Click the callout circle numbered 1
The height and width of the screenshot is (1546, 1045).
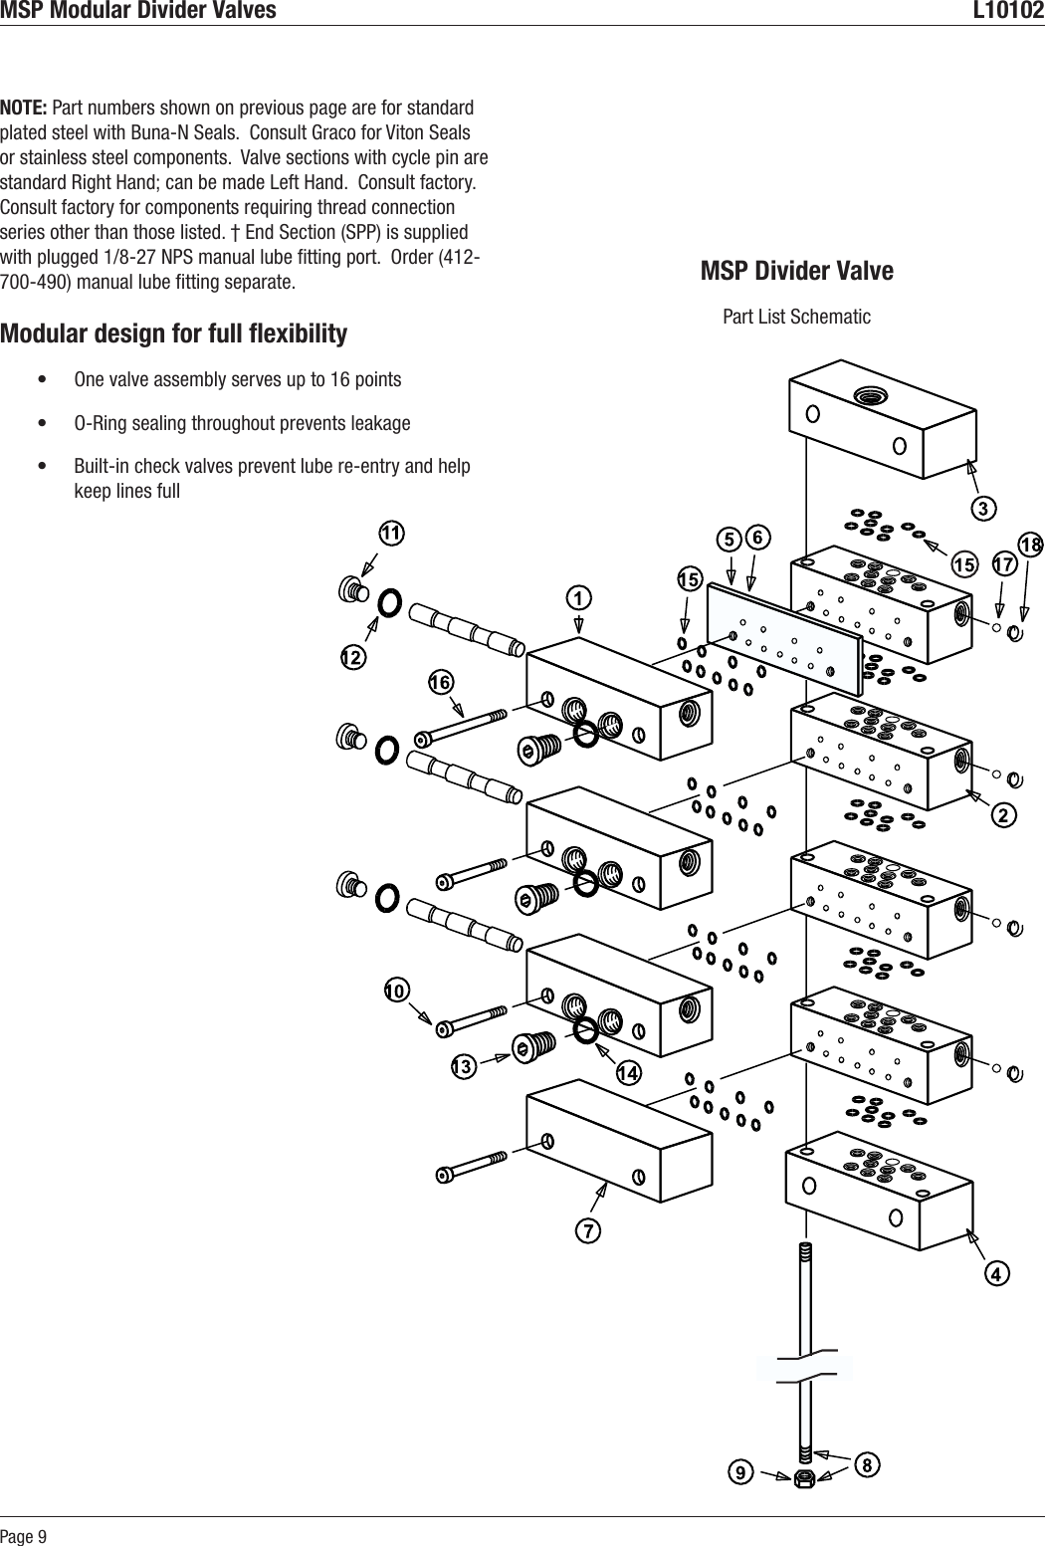click(x=578, y=598)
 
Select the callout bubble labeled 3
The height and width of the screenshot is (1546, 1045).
click(x=983, y=509)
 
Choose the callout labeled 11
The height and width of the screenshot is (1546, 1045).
click(x=391, y=534)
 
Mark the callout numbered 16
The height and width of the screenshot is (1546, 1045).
click(x=440, y=682)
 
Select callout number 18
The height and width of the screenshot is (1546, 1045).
click(x=1030, y=545)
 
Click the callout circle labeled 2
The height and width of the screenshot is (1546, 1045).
click(x=1004, y=815)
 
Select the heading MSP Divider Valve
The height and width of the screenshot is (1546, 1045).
click(x=797, y=271)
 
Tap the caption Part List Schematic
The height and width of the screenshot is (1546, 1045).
click(x=796, y=317)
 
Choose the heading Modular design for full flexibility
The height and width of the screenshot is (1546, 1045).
click(x=174, y=333)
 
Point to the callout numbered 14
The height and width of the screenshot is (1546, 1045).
click(x=627, y=1073)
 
